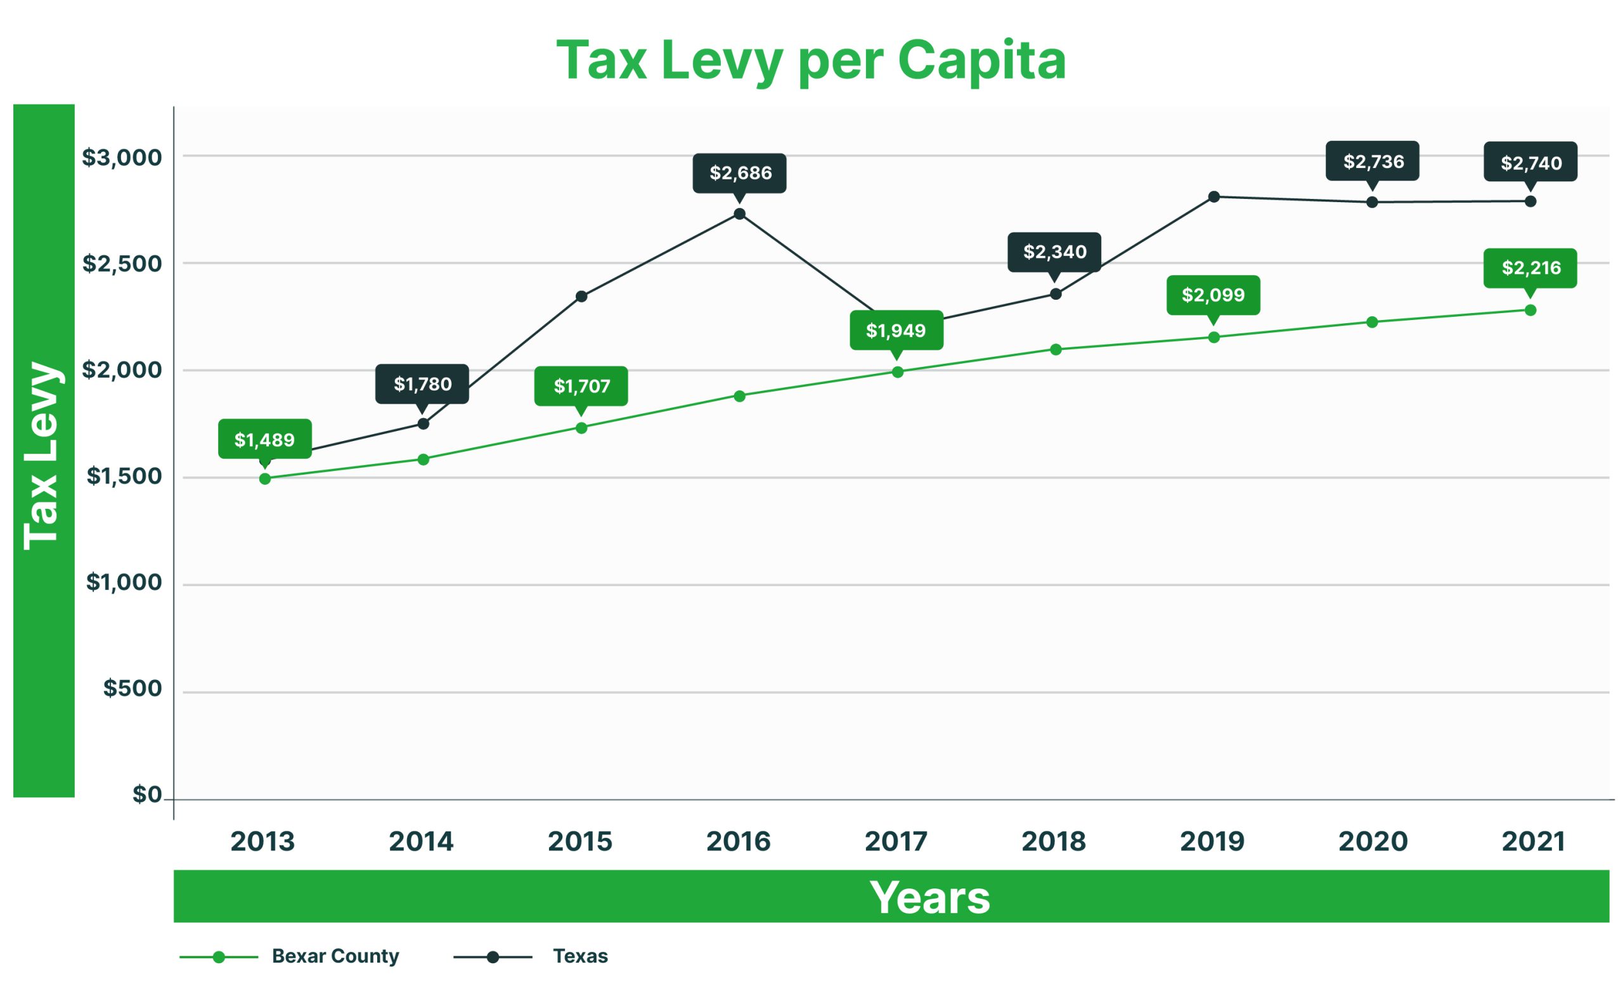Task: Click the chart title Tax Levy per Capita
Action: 810,61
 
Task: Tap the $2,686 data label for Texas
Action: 740,173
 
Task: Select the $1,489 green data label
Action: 264,439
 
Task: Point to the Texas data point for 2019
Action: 1213,196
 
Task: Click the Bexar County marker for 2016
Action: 740,396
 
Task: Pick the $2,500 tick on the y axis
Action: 122,263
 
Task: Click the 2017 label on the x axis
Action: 896,842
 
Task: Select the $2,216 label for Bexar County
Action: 1530,268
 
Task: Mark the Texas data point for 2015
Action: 581,297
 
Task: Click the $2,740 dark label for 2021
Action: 1530,162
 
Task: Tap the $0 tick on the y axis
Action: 147,794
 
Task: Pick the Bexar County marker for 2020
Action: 1371,322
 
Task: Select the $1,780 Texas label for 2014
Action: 422,383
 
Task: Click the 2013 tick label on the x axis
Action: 262,842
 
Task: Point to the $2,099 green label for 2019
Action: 1213,295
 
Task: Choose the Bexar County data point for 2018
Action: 1056,349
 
